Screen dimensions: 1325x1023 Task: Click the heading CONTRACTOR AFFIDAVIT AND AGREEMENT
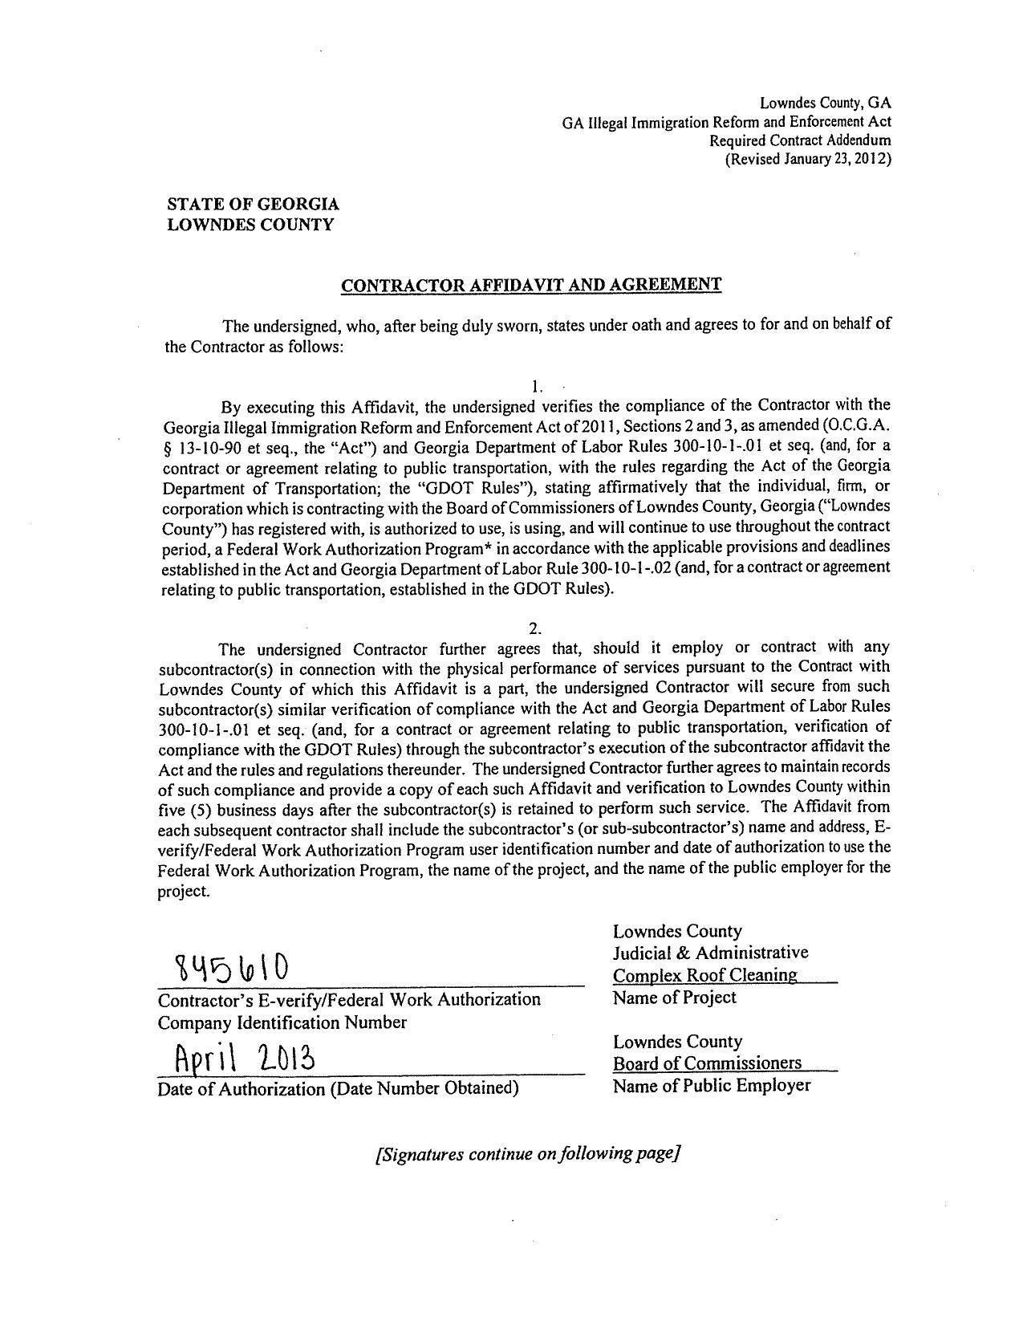(x=531, y=285)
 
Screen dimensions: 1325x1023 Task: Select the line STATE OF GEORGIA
(x=253, y=205)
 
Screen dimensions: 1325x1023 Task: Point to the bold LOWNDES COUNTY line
(x=250, y=225)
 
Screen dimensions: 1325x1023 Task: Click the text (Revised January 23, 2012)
(x=807, y=159)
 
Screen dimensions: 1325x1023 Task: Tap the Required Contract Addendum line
(x=800, y=140)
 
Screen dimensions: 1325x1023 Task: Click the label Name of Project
(x=674, y=998)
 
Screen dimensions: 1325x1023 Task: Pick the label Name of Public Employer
(x=712, y=1086)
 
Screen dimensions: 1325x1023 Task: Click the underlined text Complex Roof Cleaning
(x=704, y=975)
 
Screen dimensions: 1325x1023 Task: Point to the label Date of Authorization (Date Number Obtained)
(x=338, y=1088)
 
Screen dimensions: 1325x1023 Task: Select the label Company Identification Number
(x=282, y=1022)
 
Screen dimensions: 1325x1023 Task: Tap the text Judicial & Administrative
(x=710, y=953)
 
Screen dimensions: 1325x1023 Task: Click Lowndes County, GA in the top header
(x=825, y=104)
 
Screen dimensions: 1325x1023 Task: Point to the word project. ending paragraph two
(x=185, y=892)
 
